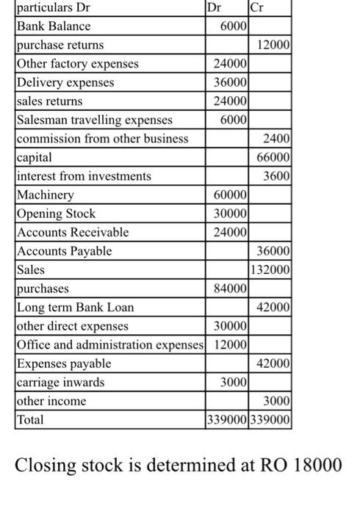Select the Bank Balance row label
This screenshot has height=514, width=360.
54,26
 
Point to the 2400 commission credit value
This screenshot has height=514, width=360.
278,139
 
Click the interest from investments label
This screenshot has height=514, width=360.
84,176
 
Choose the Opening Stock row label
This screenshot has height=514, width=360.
56,214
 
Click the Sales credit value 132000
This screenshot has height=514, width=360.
272,269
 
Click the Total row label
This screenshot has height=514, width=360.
30,420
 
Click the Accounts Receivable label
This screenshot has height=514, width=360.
72,232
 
